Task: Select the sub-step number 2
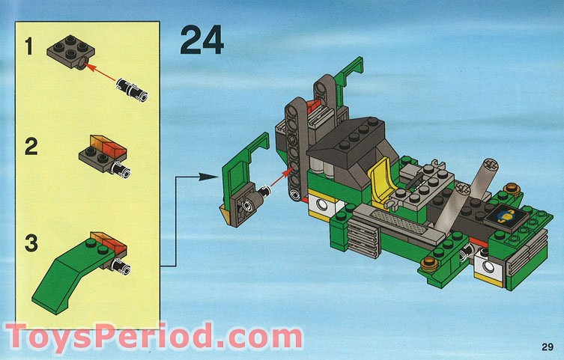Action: [x=31, y=145]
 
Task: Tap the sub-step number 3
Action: [x=31, y=243]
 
